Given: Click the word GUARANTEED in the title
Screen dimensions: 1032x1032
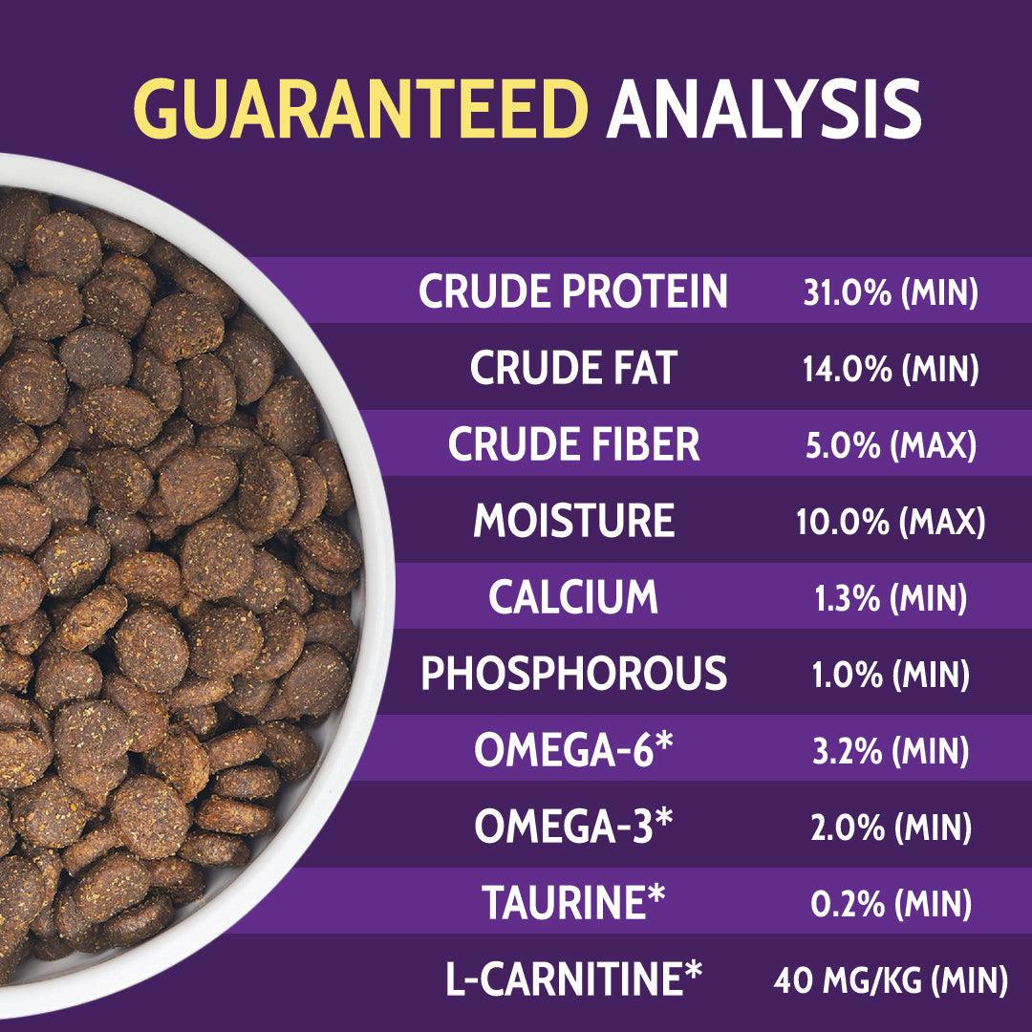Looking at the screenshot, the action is point(360,109).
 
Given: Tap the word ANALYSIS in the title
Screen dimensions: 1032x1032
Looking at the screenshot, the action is point(763,109).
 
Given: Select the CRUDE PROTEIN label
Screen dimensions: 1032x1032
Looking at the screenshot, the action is point(573,290).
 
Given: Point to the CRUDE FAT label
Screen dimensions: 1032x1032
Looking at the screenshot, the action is point(573,367).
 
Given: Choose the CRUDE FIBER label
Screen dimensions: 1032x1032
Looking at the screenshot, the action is point(573,443).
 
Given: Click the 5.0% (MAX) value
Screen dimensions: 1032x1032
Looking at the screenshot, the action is point(891,445).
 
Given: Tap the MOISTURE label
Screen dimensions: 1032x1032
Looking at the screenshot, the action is point(574,520).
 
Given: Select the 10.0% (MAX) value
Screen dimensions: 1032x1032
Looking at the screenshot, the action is point(891,522).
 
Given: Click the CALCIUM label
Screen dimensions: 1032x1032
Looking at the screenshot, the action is point(573,596).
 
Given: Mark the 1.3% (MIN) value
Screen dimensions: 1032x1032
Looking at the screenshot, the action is point(891,598).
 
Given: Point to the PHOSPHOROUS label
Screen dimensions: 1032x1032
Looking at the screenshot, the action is point(574,673).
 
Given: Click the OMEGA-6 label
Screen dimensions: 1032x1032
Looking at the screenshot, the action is point(573,749).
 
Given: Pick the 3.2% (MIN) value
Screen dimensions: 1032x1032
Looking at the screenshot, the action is point(891,751).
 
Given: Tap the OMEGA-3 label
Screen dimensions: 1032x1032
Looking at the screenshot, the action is point(573,826).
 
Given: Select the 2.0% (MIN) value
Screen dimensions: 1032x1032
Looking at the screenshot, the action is point(891,828).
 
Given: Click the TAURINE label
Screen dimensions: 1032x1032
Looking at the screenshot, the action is point(573,902).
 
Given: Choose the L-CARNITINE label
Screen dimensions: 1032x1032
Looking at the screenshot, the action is point(574,978).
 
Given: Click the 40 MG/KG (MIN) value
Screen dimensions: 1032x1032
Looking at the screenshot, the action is point(891,980).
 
